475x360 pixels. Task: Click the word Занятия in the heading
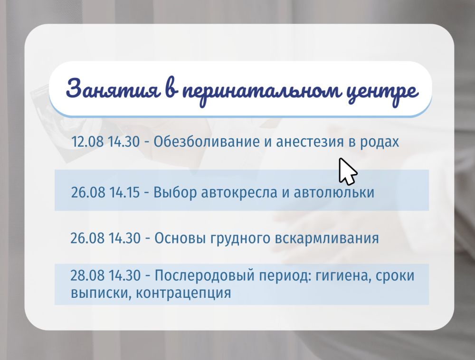113,89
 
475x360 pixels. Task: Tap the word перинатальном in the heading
261,91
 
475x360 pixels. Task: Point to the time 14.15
124,192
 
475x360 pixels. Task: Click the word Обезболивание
207,142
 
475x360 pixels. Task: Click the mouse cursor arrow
347,171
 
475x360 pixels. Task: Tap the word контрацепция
183,293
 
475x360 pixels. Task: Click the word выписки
101,293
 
